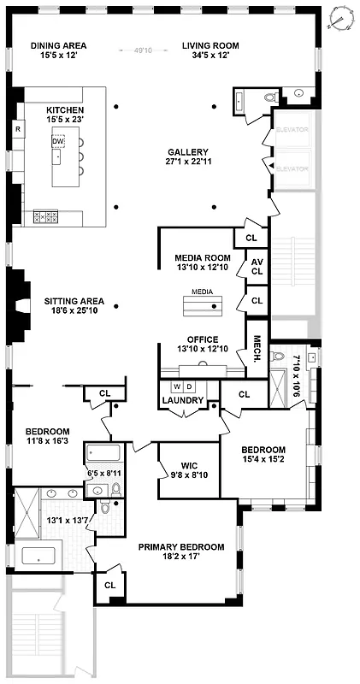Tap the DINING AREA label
click(58, 45)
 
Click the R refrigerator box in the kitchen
click(17, 129)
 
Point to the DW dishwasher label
click(57, 141)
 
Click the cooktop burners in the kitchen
click(45, 216)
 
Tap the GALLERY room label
click(187, 152)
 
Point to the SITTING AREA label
click(74, 301)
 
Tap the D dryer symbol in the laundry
click(191, 386)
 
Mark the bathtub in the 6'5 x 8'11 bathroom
click(104, 453)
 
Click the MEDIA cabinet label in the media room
click(202, 292)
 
